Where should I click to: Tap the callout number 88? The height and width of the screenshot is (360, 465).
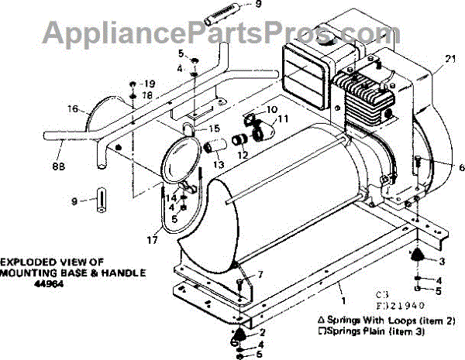pyautogui.click(x=57, y=165)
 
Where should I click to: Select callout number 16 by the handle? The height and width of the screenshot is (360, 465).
pyautogui.click(x=72, y=110)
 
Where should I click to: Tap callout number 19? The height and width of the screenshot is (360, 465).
pyautogui.click(x=150, y=83)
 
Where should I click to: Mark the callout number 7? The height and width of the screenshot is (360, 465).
pyautogui.click(x=260, y=274)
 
